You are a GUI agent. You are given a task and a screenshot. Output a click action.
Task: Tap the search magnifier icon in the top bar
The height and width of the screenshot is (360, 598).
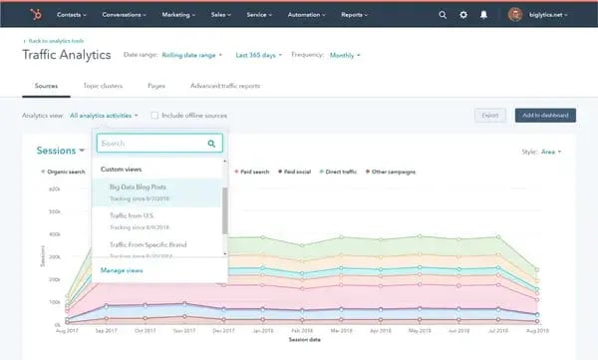(443, 15)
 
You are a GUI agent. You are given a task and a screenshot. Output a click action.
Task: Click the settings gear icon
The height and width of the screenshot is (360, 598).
(463, 15)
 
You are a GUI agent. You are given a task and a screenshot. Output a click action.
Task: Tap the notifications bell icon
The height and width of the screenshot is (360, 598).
(484, 15)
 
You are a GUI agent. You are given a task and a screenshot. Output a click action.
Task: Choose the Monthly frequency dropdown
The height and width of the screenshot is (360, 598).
(344, 55)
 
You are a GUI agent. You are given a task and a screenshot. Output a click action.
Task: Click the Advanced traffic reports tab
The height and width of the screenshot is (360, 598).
(225, 87)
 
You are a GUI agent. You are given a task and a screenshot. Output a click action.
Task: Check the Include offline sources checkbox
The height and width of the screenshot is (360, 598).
(154, 116)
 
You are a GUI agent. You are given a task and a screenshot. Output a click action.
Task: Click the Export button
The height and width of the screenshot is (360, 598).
(489, 116)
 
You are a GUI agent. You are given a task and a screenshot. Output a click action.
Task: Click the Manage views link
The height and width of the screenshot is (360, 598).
(123, 270)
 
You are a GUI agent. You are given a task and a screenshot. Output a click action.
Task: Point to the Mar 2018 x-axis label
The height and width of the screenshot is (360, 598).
(342, 330)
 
